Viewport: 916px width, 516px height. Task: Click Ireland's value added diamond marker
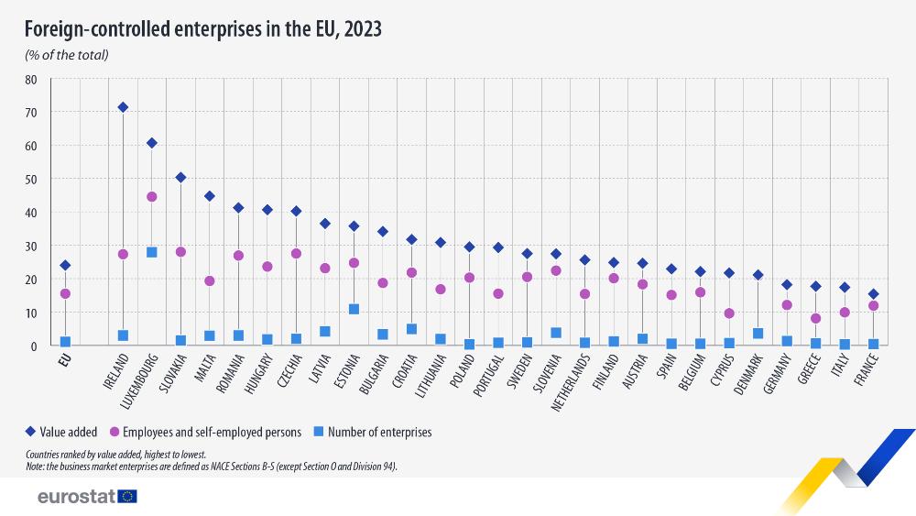pyautogui.click(x=123, y=107)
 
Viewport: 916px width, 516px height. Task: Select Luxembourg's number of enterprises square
pyautogui.click(x=152, y=252)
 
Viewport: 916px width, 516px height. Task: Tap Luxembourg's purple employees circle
pyautogui.click(x=152, y=197)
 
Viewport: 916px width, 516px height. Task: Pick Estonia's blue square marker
pyautogui.click(x=354, y=310)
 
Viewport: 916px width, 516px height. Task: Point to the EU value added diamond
pyautogui.click(x=65, y=266)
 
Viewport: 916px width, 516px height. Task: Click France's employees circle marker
pyautogui.click(x=873, y=306)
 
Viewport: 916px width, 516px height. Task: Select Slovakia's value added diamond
pyautogui.click(x=180, y=178)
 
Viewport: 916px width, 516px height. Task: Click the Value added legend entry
pyautogui.click(x=63, y=432)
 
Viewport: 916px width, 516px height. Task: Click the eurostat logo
pyautogui.click(x=87, y=497)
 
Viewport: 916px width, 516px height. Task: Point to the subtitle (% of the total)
pyautogui.click(x=67, y=55)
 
